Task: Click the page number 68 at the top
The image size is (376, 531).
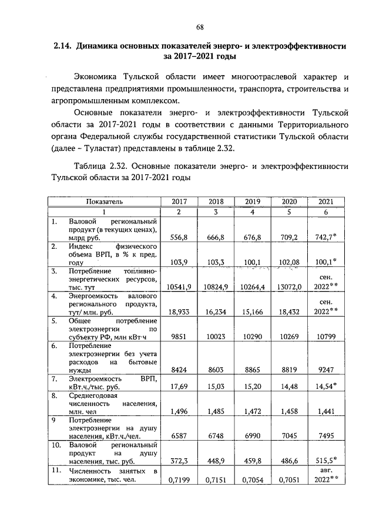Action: [200, 27]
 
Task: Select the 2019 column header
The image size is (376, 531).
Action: [252, 201]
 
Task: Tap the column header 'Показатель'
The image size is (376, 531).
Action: [104, 201]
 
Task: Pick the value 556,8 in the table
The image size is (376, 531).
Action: [179, 238]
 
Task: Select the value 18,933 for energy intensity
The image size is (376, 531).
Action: [179, 313]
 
